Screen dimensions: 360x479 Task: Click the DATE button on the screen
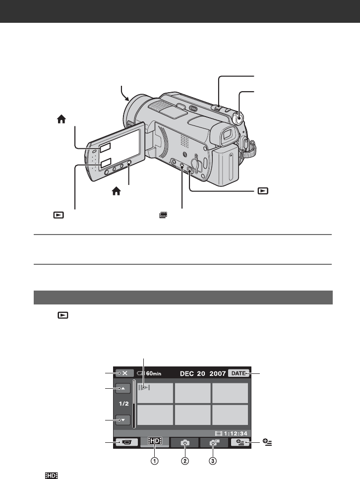point(239,373)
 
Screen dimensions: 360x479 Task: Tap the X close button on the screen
point(124,373)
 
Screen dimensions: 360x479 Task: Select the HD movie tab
point(155,441)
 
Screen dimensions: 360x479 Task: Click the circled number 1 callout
point(155,461)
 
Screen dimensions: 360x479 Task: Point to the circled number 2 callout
point(185,461)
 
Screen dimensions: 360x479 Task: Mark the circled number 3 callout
point(213,461)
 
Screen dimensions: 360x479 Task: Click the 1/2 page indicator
point(123,404)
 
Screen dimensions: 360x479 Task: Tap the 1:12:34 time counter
point(236,433)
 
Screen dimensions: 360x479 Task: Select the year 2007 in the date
point(218,373)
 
